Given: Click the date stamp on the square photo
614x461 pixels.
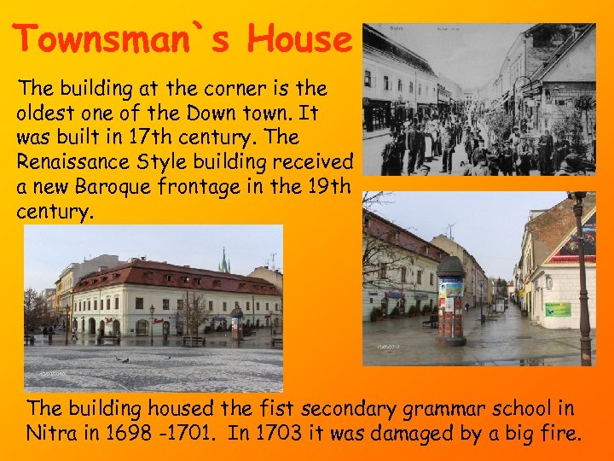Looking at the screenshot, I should (x=52, y=374).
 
